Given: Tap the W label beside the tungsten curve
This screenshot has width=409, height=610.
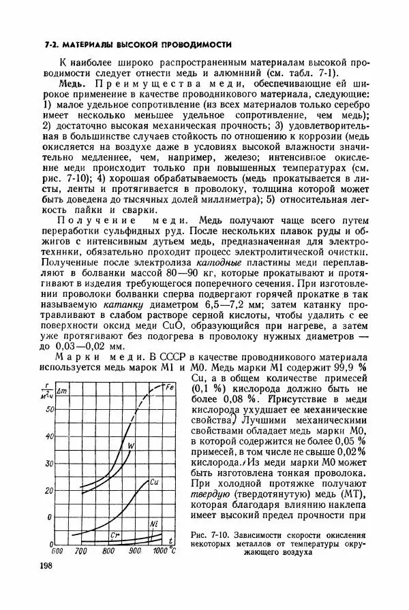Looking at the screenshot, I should coord(132,445).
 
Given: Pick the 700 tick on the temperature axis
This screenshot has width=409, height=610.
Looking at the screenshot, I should coord(80,550).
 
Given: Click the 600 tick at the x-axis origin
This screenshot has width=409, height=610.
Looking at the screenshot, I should coord(57,550).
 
